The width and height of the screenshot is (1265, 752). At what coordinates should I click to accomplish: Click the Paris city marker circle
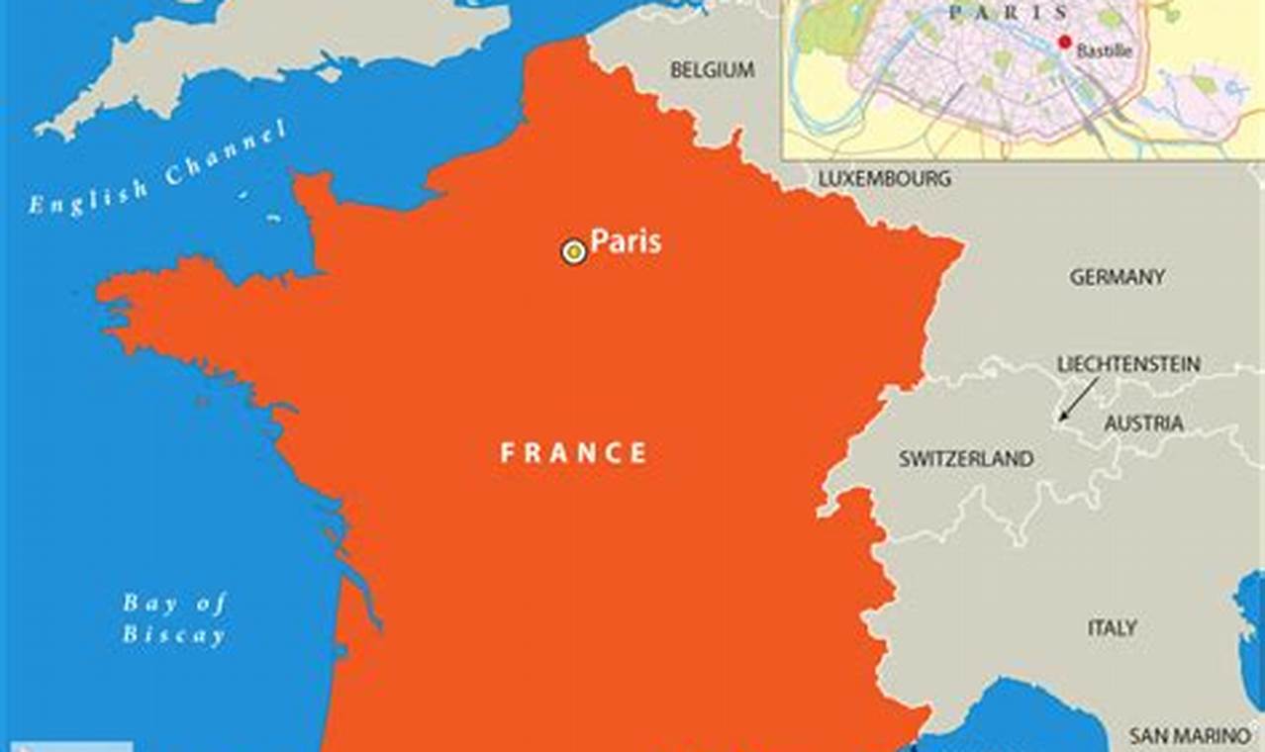tap(573, 251)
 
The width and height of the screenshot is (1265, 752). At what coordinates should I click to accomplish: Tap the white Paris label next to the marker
tap(626, 241)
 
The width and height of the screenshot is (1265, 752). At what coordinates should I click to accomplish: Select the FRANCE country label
tap(573, 453)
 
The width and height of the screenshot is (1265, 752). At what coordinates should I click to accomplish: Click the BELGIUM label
tap(712, 70)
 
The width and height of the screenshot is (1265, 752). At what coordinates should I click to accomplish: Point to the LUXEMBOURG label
tap(884, 179)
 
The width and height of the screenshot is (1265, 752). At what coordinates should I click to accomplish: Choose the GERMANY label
tap(1117, 277)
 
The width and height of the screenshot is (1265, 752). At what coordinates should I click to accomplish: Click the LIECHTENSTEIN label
tap(1128, 364)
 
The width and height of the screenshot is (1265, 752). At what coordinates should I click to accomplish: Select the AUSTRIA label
tap(1143, 423)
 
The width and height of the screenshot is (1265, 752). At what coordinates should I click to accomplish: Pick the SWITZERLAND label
tap(966, 459)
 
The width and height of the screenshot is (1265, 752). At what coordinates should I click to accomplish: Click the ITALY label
tap(1112, 628)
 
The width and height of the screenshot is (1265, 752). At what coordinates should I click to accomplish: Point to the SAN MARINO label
tap(1189, 736)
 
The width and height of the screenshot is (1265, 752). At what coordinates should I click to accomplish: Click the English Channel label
tap(158, 167)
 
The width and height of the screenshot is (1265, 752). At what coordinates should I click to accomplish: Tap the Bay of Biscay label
tap(174, 619)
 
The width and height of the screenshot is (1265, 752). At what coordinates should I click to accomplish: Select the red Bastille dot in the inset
tap(1064, 42)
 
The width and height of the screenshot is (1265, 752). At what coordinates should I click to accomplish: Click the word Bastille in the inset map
tap(1104, 51)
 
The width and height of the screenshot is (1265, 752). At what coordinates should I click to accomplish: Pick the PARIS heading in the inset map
tap(1008, 13)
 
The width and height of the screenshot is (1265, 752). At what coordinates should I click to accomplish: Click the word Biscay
tap(174, 635)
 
